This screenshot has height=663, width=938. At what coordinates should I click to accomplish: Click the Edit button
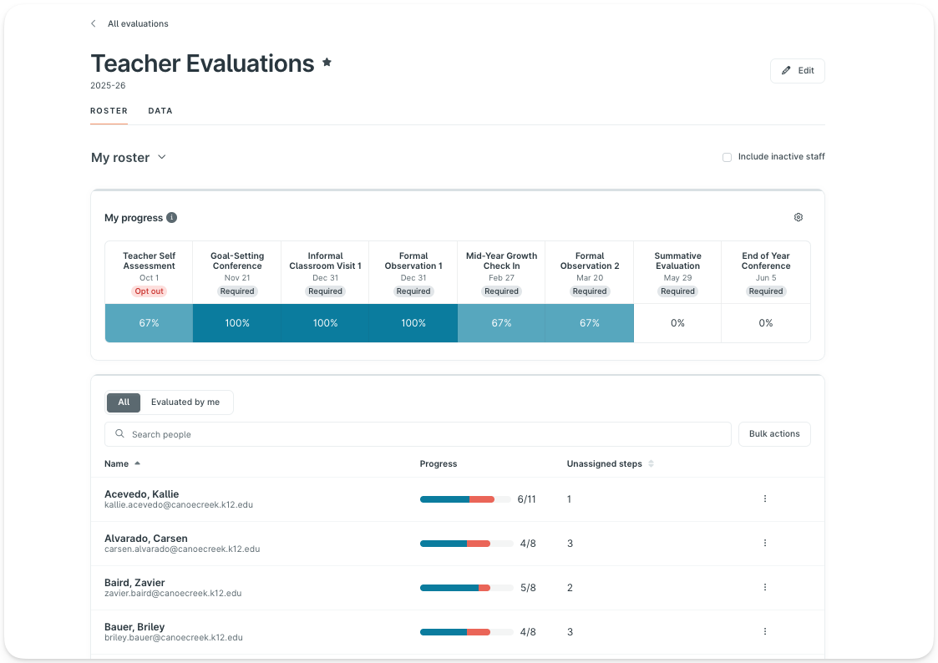click(797, 71)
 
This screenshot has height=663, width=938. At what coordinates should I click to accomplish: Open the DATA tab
click(160, 111)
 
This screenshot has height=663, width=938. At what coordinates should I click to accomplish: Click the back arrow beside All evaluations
click(94, 24)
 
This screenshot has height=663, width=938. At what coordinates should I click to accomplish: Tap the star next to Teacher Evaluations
click(327, 63)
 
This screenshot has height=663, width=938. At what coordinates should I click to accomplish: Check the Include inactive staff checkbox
click(727, 157)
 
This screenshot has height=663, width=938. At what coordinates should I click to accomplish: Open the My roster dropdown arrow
click(162, 157)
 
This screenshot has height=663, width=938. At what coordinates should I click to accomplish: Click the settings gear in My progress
click(798, 217)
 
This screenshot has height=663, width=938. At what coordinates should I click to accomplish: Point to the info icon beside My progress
click(171, 218)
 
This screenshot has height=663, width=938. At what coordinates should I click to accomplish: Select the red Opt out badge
click(150, 291)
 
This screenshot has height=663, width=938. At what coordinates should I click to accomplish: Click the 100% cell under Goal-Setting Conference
click(237, 323)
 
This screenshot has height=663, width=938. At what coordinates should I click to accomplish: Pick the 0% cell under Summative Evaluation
click(677, 323)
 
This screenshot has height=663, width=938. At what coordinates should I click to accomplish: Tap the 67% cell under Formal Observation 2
click(590, 323)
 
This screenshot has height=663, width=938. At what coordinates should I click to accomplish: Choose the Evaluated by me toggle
click(185, 402)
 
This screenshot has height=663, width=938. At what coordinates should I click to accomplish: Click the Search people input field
click(418, 434)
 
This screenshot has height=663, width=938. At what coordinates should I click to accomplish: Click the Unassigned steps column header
click(605, 464)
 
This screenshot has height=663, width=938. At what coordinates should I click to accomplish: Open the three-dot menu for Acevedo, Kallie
click(764, 499)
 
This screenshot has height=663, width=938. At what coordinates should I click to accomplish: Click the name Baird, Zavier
click(134, 583)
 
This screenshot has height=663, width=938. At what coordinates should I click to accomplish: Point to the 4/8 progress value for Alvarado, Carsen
click(528, 544)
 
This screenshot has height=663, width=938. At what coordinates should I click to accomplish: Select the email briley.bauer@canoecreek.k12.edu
click(174, 638)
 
